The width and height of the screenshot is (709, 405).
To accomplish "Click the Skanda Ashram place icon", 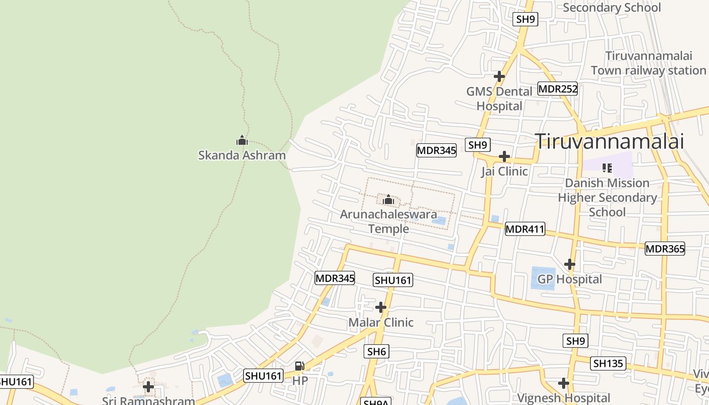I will click(242, 140).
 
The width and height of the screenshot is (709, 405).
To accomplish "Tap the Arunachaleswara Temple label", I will click(388, 221).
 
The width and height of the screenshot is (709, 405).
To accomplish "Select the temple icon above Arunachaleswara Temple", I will click(388, 200).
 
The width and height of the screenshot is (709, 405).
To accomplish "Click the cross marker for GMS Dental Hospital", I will click(499, 76).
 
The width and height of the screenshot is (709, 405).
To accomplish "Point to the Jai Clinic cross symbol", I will click(504, 156).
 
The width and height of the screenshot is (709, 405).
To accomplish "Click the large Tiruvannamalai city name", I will click(610, 141).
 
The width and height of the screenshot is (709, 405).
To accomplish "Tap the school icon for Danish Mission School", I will click(607, 168).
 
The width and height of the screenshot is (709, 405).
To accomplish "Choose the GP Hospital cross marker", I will click(570, 264).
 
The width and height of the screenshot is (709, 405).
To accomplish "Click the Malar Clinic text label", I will click(381, 322).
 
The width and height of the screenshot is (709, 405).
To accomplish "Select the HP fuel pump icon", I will click(300, 366).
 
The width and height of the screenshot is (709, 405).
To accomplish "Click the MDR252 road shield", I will click(558, 89).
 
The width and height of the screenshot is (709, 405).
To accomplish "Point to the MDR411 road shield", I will click(525, 229).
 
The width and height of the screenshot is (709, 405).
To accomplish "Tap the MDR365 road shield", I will click(665, 249).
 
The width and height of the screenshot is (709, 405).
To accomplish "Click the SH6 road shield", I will click(377, 351).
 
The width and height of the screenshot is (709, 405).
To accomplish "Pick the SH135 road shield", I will click(609, 363).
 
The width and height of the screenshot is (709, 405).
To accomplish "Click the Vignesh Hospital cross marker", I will click(564, 383).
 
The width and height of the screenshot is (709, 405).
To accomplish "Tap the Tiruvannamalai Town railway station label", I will click(648, 63).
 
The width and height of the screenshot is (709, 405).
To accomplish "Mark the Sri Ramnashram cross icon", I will click(148, 387).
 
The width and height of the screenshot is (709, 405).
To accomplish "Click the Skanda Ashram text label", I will click(242, 155).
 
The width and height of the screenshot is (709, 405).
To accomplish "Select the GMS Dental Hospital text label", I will click(499, 99).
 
